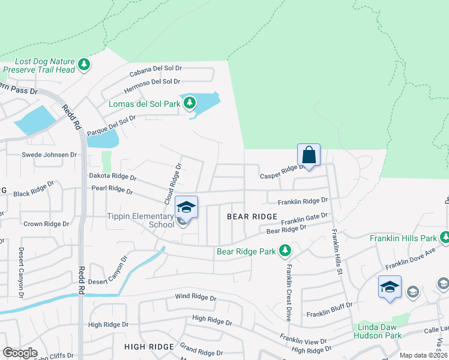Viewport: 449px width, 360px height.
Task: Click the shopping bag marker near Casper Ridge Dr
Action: coord(309,155)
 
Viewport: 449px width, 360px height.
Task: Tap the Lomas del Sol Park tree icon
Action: coord(190,104)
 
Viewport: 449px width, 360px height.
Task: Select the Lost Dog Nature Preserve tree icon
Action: coord(85,64)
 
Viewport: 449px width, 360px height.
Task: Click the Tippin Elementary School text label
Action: coord(140,220)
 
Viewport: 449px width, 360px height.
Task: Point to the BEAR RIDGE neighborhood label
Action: coord(252,217)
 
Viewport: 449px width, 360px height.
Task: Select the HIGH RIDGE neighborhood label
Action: coord(149,347)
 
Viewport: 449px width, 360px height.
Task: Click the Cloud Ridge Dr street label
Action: coord(173,182)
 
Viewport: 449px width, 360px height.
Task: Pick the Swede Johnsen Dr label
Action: coord(49,155)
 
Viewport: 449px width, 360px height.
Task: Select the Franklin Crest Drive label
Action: coord(289,292)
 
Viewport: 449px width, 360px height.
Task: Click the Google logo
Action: coord(20,353)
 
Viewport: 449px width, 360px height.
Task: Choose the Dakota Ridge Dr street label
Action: coord(112,178)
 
